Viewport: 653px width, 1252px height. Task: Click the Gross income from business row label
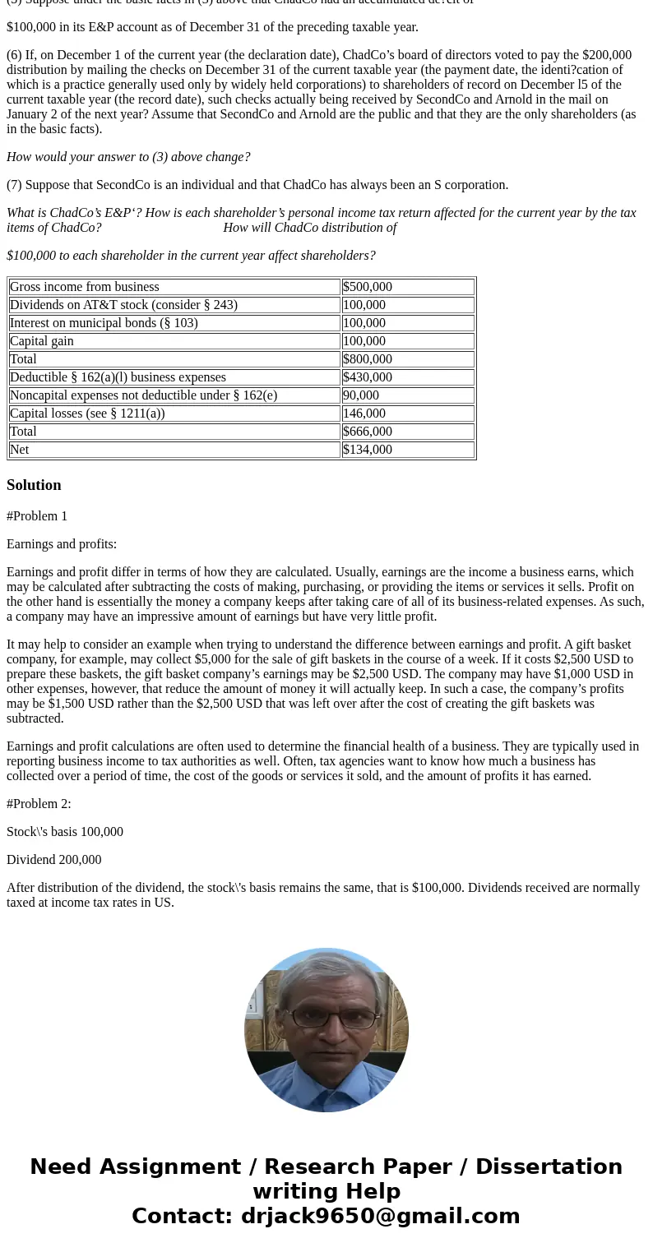85,287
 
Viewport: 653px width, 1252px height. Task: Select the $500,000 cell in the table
368,287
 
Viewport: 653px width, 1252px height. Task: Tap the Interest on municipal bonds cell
104,323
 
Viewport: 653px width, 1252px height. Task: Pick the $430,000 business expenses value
368,377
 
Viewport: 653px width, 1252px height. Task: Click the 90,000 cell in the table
361,395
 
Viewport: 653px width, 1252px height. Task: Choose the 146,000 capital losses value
364,413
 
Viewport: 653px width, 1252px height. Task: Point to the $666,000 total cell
368,432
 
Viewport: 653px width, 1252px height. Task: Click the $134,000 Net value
368,450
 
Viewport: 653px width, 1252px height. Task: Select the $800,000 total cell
368,359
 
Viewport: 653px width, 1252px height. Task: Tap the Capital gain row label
42,341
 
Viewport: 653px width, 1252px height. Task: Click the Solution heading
34,485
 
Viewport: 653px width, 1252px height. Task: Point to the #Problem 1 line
37,516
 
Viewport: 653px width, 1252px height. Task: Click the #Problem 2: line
39,804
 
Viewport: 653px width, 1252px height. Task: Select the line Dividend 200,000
54,860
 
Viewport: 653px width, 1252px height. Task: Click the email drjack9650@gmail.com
380,1217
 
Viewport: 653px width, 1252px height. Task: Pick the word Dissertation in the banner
549,1167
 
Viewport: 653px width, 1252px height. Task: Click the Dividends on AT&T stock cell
123,305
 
